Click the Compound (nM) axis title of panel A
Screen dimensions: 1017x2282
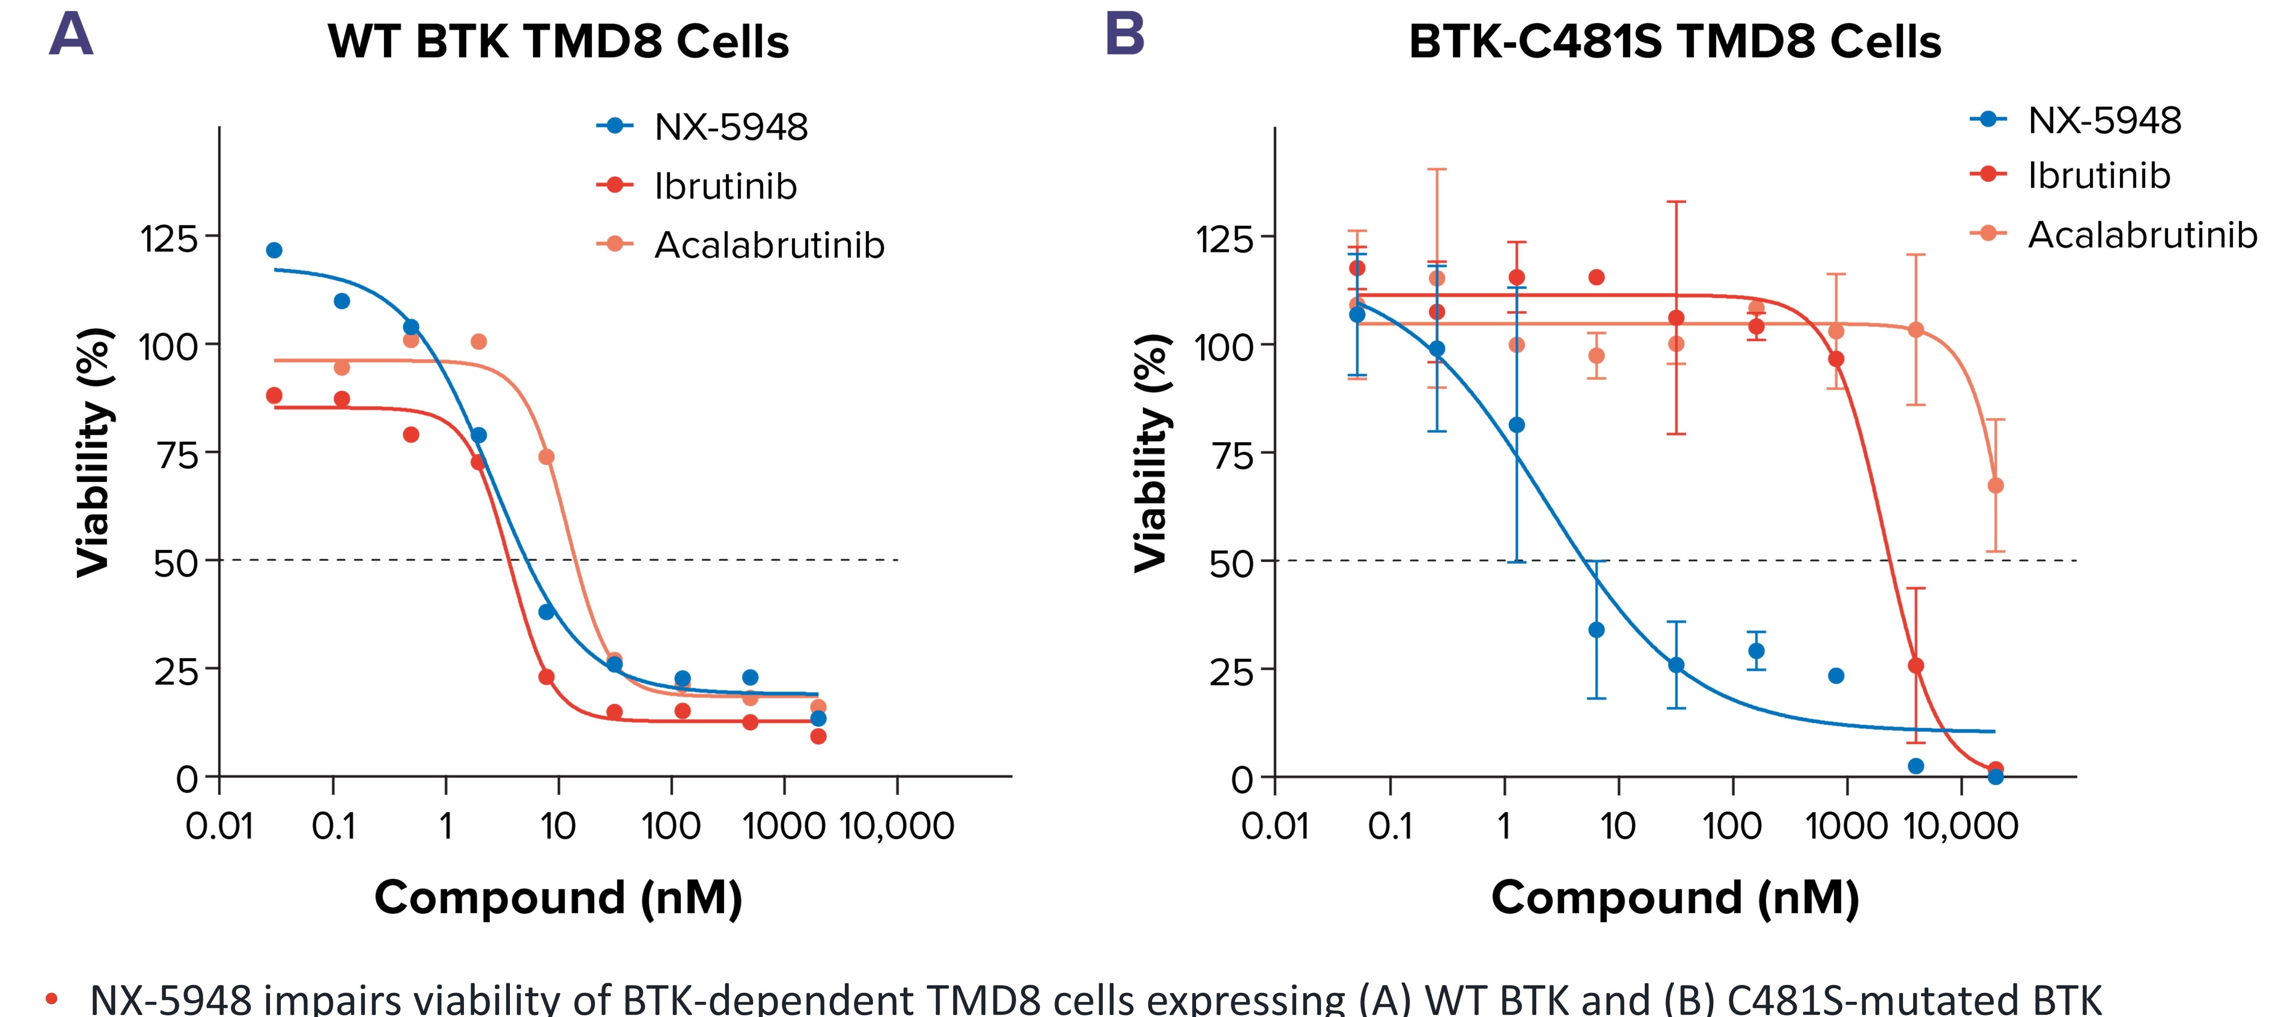pos(558,898)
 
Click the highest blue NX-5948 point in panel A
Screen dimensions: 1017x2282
pos(274,250)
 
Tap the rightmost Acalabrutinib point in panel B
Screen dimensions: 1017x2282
pos(1995,486)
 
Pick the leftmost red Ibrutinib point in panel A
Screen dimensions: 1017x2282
pos(274,395)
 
